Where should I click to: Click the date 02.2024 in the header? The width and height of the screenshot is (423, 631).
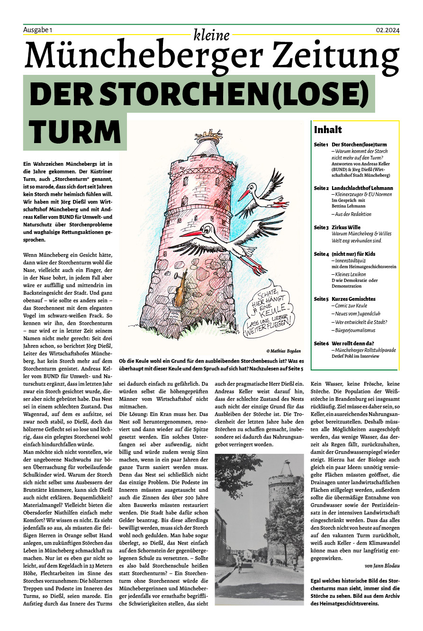click(x=387, y=30)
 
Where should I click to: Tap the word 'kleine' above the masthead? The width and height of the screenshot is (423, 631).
click(x=211, y=35)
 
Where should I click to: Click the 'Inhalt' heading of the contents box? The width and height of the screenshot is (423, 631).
click(x=328, y=129)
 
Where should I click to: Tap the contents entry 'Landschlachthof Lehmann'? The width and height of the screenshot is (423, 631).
click(x=362, y=188)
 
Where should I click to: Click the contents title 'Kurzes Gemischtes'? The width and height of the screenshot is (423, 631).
click(x=353, y=299)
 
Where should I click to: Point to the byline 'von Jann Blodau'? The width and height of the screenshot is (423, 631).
click(x=383, y=566)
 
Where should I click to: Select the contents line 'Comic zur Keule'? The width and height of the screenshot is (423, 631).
click(x=351, y=306)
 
